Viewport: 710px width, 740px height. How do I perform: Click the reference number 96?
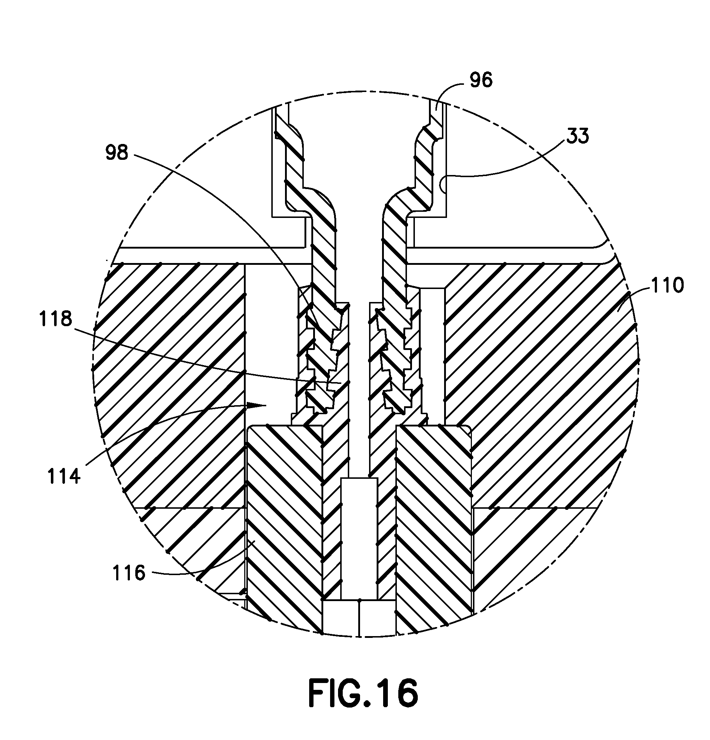(x=481, y=80)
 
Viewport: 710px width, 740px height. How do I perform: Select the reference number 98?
(x=117, y=153)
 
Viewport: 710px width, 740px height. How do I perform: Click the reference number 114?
(x=64, y=477)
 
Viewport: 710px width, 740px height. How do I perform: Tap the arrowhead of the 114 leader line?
(x=259, y=405)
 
